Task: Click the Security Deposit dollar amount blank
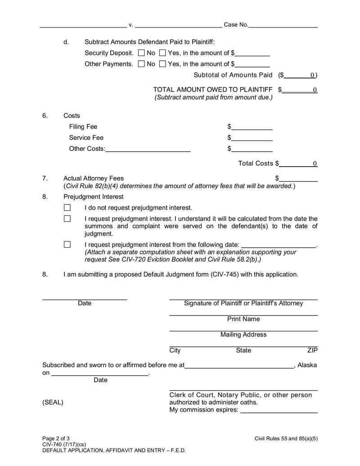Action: (x=252, y=54)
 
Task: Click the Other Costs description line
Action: (x=148, y=149)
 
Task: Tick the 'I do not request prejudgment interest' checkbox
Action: (x=67, y=208)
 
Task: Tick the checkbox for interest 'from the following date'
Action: (x=67, y=244)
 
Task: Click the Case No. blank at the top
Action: (x=283, y=25)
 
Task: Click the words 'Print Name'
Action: (x=243, y=319)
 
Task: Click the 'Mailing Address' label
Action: (x=243, y=335)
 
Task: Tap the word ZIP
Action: (x=312, y=350)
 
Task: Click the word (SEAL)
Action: (x=53, y=403)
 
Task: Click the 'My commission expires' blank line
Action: (x=279, y=411)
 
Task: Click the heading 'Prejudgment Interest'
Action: (x=94, y=197)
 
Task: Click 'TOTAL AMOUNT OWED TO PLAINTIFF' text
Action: (x=213, y=90)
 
